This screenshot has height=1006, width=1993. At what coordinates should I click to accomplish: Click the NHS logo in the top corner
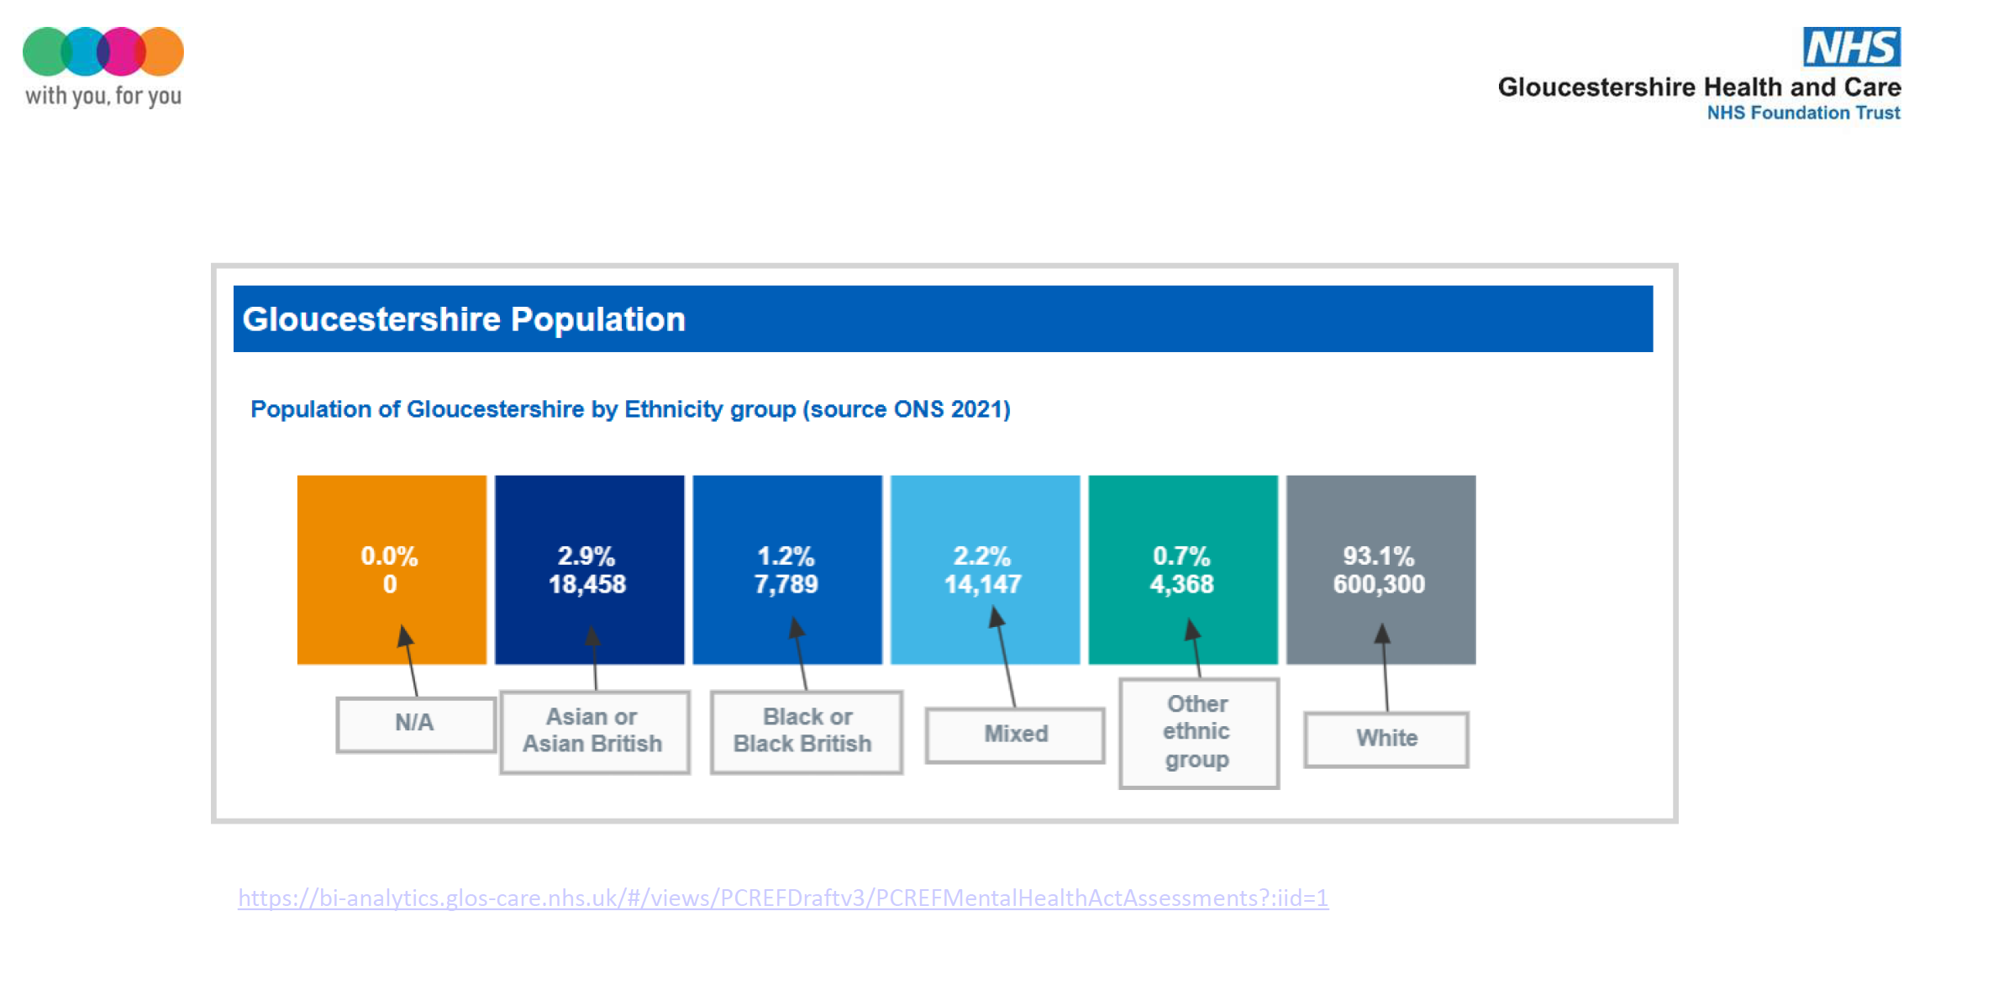(1851, 47)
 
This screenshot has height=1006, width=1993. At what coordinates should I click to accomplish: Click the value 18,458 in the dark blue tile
(587, 584)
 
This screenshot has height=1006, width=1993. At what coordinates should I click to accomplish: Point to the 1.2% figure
(786, 556)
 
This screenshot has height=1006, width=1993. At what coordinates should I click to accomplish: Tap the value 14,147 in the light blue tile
(982, 584)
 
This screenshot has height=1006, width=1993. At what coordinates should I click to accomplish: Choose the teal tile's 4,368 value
(1181, 584)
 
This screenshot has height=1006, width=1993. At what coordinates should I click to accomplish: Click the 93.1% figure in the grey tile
(1378, 556)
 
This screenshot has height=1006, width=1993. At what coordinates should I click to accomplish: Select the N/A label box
(415, 723)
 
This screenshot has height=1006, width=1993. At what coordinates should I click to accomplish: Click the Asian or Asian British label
(593, 730)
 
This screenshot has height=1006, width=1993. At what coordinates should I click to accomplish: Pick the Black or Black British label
(805, 730)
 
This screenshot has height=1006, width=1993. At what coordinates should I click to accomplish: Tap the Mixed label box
(1015, 735)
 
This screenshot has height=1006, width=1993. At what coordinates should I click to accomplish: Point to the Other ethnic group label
(1197, 732)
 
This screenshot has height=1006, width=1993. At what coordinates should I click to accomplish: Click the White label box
(1386, 739)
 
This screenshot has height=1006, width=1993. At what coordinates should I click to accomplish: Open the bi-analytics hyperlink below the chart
(782, 898)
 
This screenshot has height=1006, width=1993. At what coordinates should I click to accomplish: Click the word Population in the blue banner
(597, 319)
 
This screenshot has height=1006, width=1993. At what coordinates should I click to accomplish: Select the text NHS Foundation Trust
(1803, 113)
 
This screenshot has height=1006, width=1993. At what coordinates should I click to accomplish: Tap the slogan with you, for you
(103, 96)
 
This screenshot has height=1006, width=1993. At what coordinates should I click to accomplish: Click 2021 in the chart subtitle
(978, 409)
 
